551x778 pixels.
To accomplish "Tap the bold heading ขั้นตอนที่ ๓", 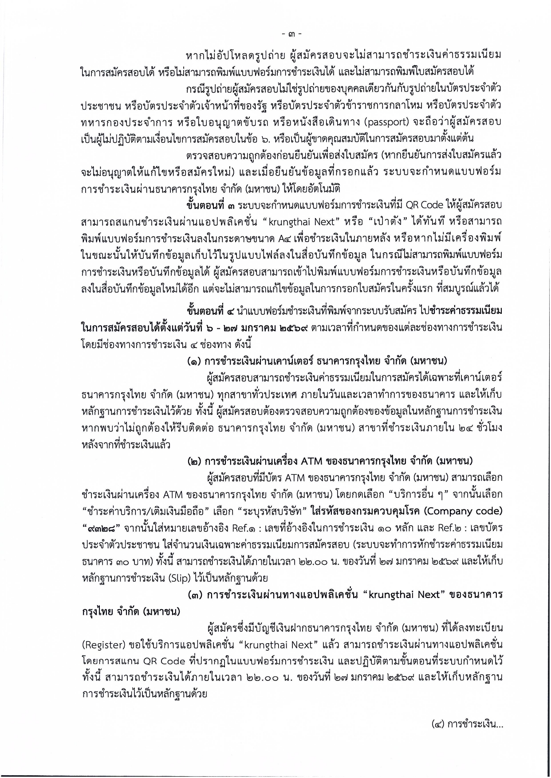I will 211,206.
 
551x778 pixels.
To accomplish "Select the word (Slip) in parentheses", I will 182,578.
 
